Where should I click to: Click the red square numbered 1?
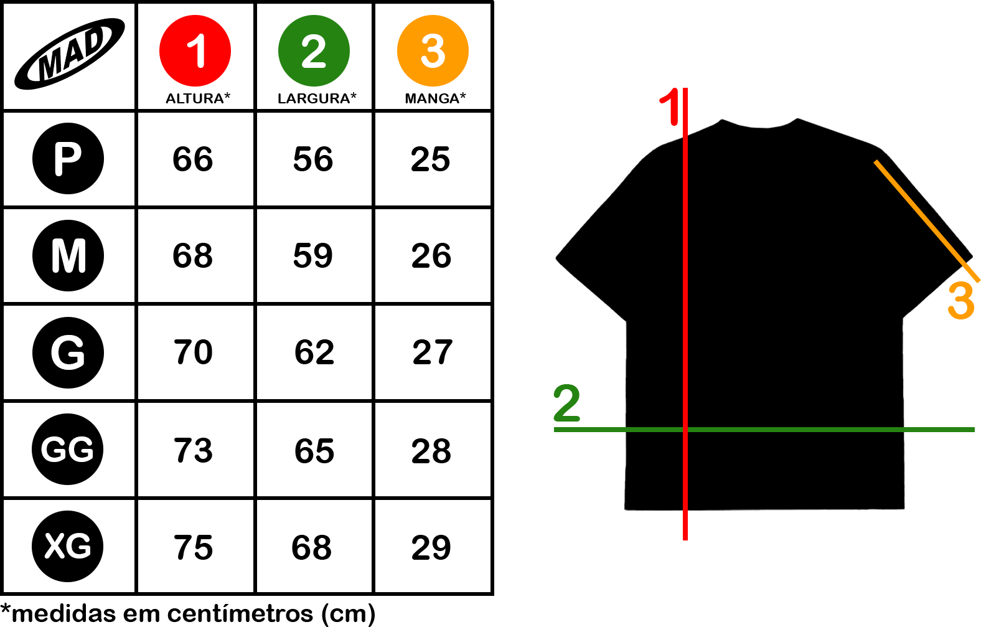(x=195, y=50)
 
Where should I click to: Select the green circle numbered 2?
(x=314, y=50)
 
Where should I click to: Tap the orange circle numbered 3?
(x=433, y=50)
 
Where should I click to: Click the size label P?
(x=67, y=159)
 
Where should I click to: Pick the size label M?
(x=68, y=256)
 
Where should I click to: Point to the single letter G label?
(x=68, y=352)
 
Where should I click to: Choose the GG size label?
(x=67, y=450)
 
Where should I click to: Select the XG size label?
(x=68, y=546)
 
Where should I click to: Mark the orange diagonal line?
(x=926, y=220)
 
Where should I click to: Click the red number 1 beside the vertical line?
(x=670, y=107)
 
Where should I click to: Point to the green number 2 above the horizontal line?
(x=566, y=403)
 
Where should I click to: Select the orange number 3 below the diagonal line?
(x=960, y=301)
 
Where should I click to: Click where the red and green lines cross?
(x=685, y=430)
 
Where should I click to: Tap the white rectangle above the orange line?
(x=809, y=44)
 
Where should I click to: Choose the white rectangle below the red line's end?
(x=809, y=583)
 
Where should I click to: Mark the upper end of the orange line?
(x=876, y=162)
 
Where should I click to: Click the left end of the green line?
(x=555, y=430)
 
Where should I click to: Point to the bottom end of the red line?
(x=685, y=539)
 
